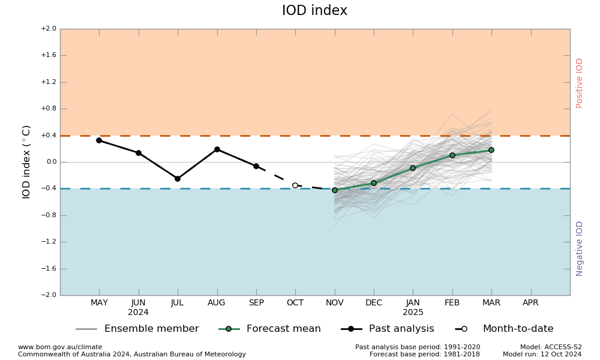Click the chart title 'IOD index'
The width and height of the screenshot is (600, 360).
(314, 11)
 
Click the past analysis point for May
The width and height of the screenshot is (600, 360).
(99, 140)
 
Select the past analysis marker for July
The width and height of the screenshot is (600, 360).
(178, 179)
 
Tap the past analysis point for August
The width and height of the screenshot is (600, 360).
(217, 149)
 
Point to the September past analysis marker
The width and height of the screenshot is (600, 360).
(256, 166)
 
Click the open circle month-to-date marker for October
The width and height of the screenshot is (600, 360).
(295, 185)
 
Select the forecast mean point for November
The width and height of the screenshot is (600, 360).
(335, 190)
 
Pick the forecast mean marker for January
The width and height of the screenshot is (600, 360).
(413, 168)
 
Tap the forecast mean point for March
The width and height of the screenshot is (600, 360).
(491, 150)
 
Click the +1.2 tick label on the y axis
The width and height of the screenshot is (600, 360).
(48, 82)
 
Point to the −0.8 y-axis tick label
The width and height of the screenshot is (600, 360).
(48, 215)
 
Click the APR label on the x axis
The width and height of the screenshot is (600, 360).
(530, 303)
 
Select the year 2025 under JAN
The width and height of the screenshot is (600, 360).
(413, 313)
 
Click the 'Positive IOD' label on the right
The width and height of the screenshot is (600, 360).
(580, 83)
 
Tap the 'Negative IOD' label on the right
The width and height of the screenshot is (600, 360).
(580, 248)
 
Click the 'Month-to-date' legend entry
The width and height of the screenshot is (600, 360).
(518, 329)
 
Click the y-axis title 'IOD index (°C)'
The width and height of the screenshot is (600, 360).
(26, 162)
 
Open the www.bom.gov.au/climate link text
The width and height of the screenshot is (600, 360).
(60, 347)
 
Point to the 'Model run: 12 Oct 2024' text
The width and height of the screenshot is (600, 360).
(542, 355)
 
